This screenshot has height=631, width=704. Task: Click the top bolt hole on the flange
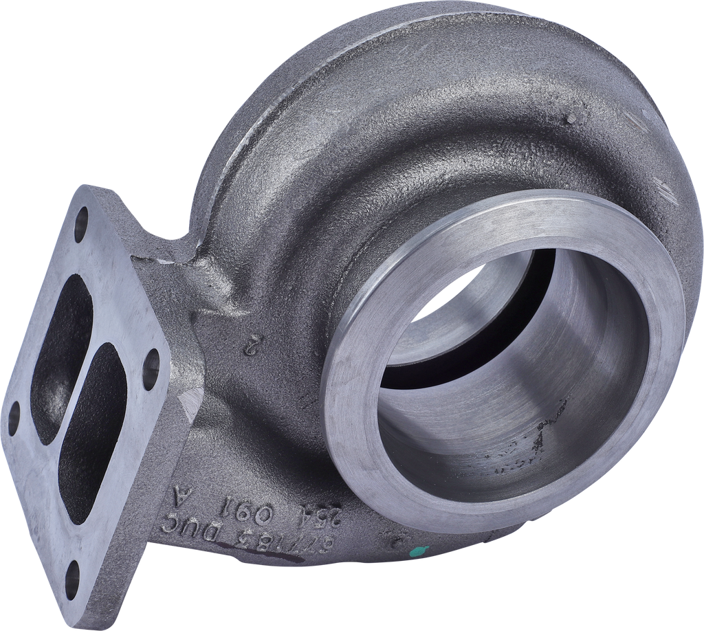click(x=82, y=219)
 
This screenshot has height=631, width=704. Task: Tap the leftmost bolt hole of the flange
click(x=14, y=418)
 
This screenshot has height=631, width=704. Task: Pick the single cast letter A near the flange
click(x=182, y=494)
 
